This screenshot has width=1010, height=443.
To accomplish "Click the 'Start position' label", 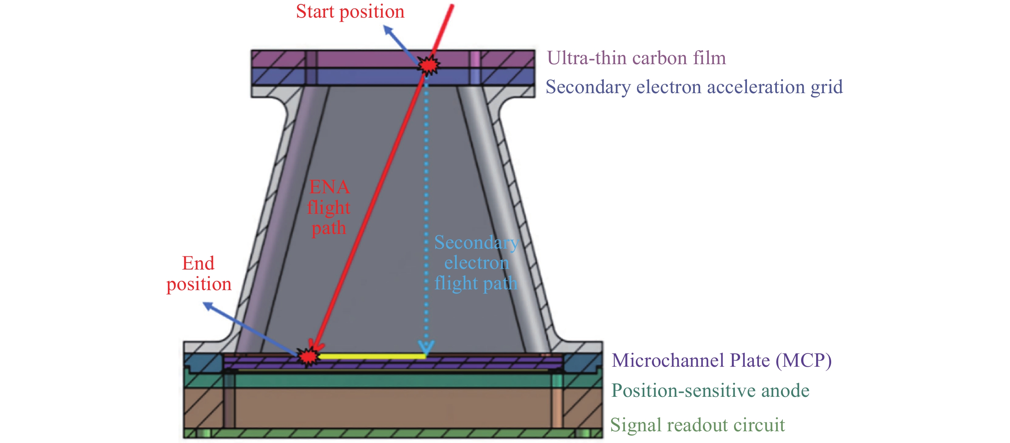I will [350, 12].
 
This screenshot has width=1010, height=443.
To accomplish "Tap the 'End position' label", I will [199, 274].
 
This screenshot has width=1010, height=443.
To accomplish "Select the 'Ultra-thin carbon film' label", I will [636, 58].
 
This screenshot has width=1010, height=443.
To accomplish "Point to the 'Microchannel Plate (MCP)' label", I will [722, 360].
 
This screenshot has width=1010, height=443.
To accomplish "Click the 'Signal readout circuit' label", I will [697, 425].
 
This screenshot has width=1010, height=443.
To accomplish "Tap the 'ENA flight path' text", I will [329, 207].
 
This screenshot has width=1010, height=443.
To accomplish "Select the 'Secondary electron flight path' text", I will [476, 263].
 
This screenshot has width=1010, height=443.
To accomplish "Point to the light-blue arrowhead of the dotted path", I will [426, 347].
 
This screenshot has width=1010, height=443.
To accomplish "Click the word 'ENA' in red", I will [329, 187].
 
